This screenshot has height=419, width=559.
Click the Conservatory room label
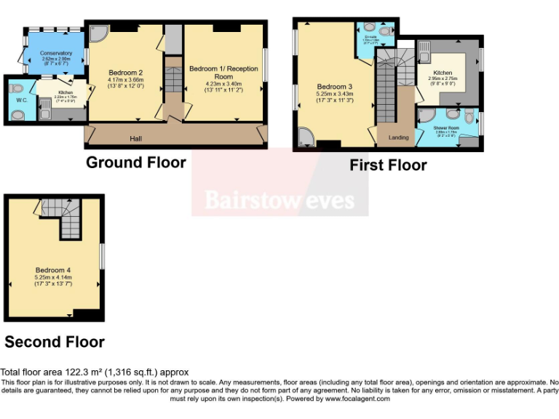(57, 53)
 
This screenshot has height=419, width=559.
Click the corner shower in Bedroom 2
(96, 33)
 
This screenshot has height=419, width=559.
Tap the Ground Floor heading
(136, 162)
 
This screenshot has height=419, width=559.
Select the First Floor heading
(388, 165)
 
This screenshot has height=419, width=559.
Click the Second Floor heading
(55, 341)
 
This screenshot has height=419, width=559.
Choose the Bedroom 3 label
(335, 87)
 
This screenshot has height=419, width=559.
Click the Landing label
(398, 137)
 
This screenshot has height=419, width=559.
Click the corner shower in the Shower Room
(427, 115)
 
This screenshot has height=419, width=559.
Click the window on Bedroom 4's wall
(102, 256)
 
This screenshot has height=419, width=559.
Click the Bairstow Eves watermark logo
(279, 199)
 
